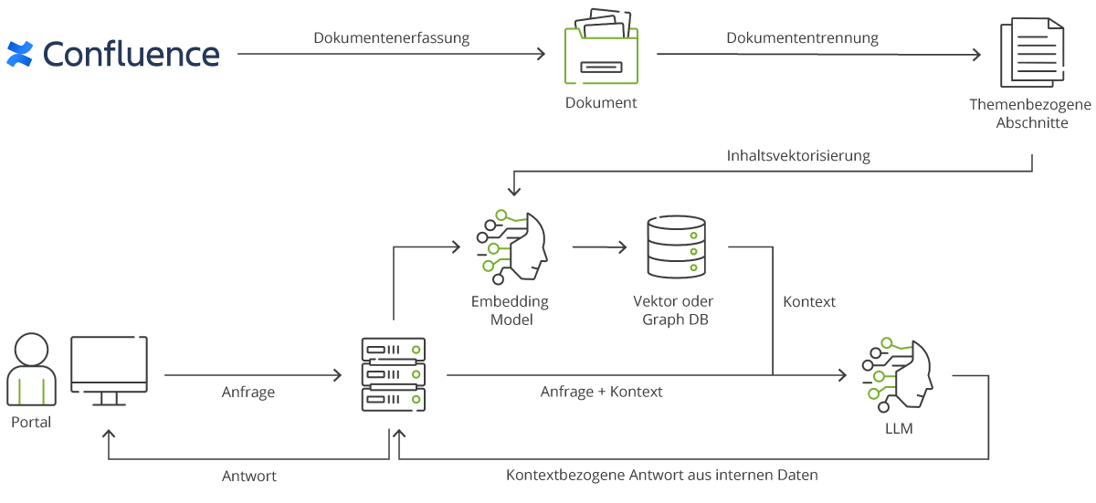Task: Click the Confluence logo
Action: pyautogui.click(x=113, y=54)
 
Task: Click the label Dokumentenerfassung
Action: pyautogui.click(x=391, y=38)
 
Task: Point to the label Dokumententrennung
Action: pyautogui.click(x=802, y=38)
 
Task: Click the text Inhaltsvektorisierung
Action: pyautogui.click(x=798, y=155)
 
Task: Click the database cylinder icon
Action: pyautogui.click(x=677, y=247)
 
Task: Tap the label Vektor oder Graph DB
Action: pyautogui.click(x=674, y=310)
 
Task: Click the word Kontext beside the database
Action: pyautogui.click(x=809, y=301)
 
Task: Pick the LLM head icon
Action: pyautogui.click(x=896, y=374)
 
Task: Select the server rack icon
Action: pyautogui.click(x=394, y=375)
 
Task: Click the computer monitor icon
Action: pyautogui.click(x=110, y=371)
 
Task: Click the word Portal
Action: pyautogui.click(x=31, y=423)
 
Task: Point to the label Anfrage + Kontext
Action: pyautogui.click(x=601, y=392)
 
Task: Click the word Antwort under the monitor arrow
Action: pyautogui.click(x=249, y=476)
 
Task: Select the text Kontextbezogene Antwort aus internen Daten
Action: pyautogui.click(x=661, y=476)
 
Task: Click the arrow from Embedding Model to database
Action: pyautogui.click(x=599, y=247)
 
